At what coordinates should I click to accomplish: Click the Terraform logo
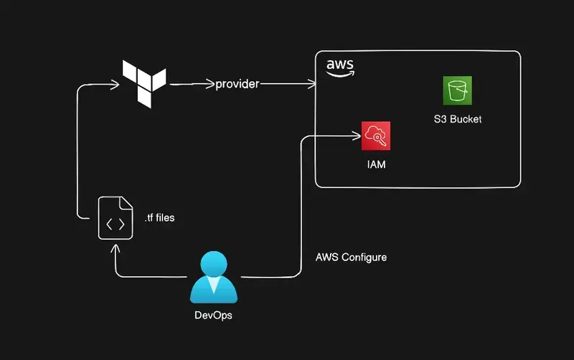coord(144,83)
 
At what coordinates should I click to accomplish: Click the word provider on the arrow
coord(237,85)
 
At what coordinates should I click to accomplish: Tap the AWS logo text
coord(340,65)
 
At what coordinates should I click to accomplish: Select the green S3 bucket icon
coord(456,90)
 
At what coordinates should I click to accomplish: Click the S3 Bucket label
coord(457,119)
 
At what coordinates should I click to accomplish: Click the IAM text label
coord(376,165)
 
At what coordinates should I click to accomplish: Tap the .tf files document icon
coord(116,219)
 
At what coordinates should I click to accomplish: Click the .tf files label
coord(159,218)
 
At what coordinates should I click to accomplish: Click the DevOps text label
coord(213,316)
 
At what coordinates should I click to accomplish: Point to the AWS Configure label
coord(351,257)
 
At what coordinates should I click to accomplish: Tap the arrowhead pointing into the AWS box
coord(312,85)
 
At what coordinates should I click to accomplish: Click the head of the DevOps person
coord(213,263)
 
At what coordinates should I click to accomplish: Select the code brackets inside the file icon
coord(115,224)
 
